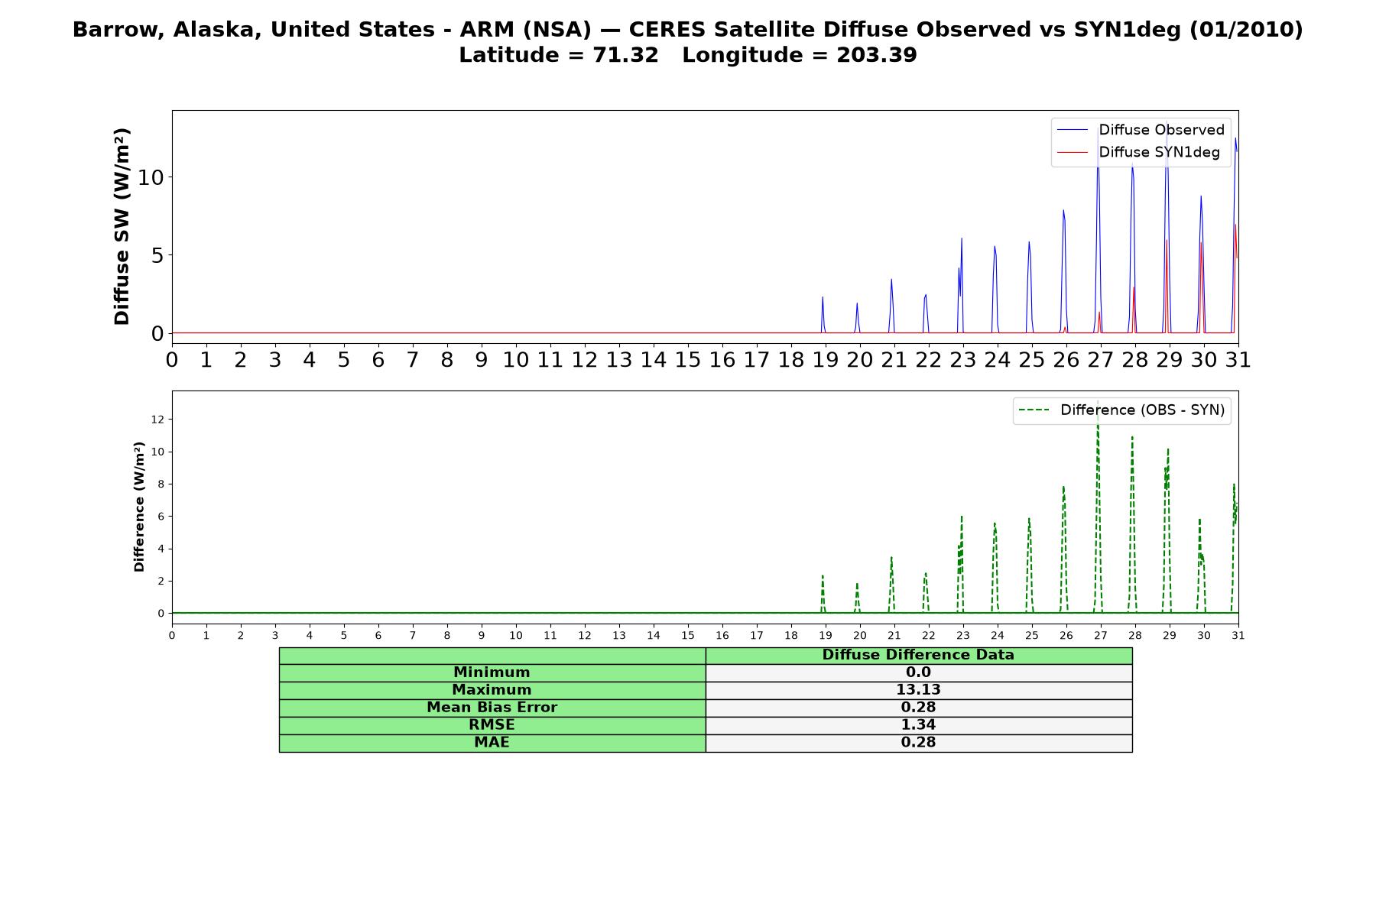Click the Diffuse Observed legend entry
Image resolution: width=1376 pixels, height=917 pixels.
coord(1141,130)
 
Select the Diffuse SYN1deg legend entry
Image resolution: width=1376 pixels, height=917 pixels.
coord(1138,152)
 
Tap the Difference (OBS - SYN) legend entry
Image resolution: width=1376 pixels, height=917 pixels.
coord(1121,410)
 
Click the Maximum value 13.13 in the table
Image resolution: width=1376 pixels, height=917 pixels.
coord(918,690)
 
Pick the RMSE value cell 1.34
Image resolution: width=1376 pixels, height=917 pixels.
coord(918,725)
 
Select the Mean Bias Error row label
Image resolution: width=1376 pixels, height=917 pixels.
coord(492,708)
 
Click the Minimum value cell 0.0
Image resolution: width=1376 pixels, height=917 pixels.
coord(918,672)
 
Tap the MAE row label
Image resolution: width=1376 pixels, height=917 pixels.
coord(492,743)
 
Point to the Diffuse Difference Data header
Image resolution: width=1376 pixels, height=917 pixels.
coord(918,655)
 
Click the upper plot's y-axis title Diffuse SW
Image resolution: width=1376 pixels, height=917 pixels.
coord(122,226)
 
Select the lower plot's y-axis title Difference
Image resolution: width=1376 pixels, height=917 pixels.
coord(139,507)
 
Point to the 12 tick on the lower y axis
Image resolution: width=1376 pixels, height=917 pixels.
coord(157,420)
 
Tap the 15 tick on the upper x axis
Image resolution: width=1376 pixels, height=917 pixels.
coord(687,360)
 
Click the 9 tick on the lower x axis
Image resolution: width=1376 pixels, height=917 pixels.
coord(482,636)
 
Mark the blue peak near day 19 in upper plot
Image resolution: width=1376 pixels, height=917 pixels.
coord(823,297)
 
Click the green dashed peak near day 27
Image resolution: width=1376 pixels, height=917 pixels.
coord(1098,403)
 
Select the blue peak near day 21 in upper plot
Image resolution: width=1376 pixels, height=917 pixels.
coord(891,280)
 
